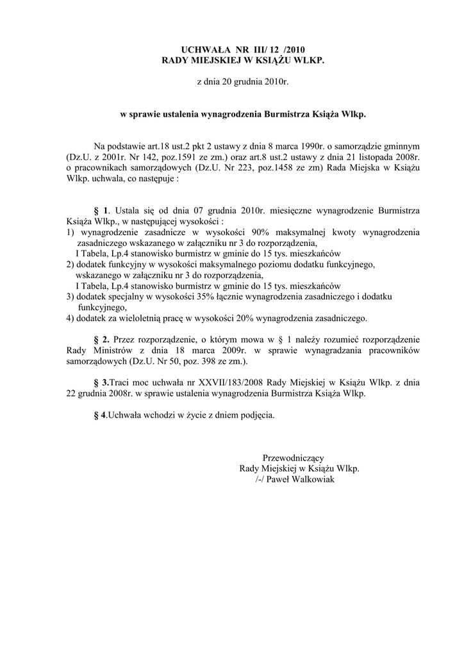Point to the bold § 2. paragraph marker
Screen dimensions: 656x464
[102, 340]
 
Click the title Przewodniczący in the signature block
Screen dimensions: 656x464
[294, 458]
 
